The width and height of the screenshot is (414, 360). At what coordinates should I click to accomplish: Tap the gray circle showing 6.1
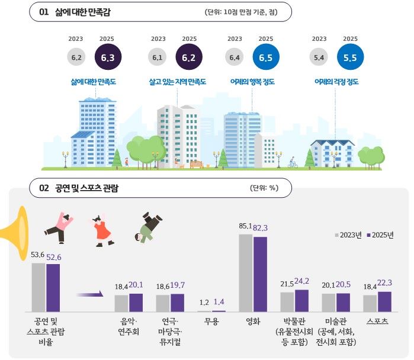158,57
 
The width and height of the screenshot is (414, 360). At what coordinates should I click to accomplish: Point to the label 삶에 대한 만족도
93,82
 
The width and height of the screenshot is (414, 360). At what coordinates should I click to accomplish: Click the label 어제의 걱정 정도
336,82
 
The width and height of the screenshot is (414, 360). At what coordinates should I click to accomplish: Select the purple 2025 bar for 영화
260,274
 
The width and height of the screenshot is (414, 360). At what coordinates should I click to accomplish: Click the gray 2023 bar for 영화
246,272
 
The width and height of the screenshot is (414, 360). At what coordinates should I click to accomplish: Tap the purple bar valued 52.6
53,287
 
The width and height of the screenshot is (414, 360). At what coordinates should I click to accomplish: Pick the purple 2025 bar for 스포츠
384,301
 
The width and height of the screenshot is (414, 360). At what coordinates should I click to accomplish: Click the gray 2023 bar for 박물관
287,301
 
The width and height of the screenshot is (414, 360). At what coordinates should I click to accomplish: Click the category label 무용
211,322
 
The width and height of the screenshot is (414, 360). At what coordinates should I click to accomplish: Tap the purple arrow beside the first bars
89,293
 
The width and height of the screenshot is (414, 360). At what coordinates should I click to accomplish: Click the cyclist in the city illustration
293,162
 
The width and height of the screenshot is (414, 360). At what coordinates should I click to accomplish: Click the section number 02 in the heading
44,188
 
